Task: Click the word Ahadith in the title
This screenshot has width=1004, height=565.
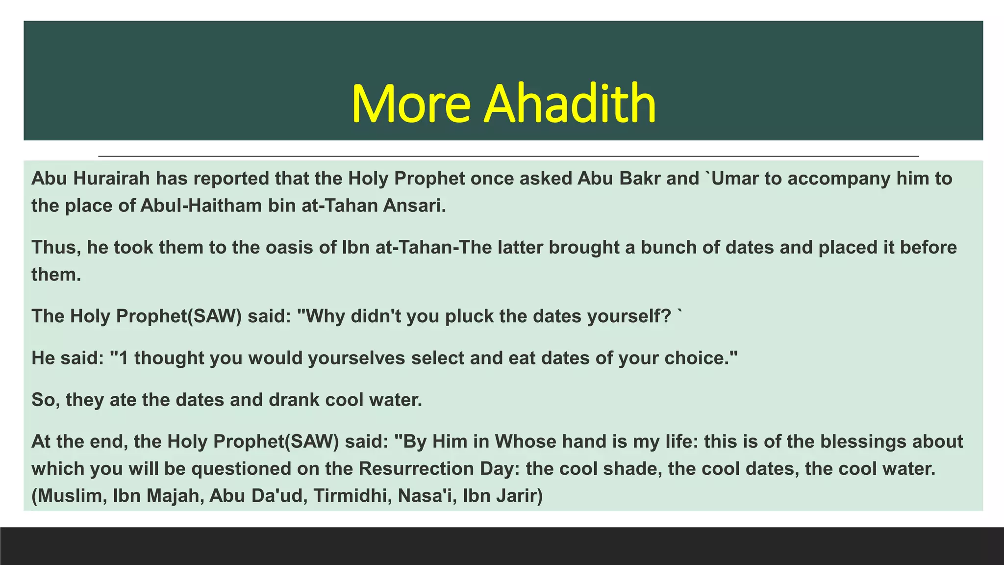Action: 570,103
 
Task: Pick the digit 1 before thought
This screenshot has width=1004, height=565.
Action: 124,358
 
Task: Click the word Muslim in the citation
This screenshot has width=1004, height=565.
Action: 71,496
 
